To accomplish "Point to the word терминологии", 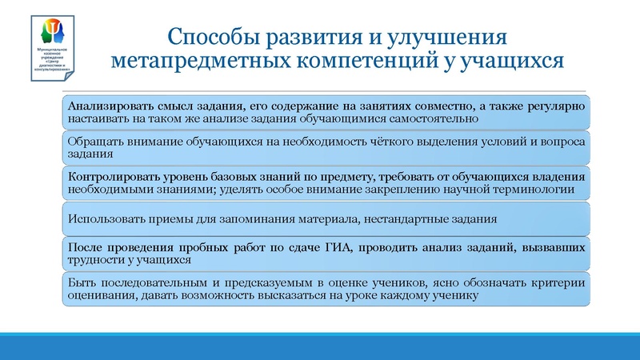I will pos(529,189).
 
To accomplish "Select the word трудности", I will pos(97,260).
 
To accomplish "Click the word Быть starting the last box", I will pos(82,282).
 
